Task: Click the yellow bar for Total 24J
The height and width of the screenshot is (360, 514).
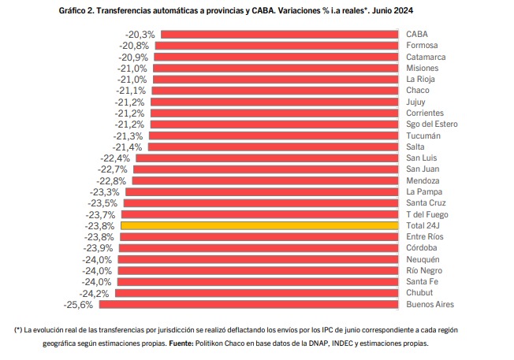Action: pyautogui.click(x=259, y=225)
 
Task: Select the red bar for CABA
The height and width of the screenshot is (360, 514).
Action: pyautogui.click(x=279, y=35)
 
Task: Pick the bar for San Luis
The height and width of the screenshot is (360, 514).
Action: pyautogui.click(x=266, y=158)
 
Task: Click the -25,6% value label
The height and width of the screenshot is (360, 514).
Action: pyautogui.click(x=78, y=304)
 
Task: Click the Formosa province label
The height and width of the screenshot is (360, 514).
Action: pyautogui.click(x=423, y=46)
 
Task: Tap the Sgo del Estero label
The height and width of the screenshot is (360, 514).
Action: pyautogui.click(x=431, y=124)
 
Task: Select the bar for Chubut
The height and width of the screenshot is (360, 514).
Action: pyautogui.click(x=256, y=293)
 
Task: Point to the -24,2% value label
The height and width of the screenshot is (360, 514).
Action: pyautogui.click(x=95, y=293)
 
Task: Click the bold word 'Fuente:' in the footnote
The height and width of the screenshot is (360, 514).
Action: pyautogui.click(x=182, y=343)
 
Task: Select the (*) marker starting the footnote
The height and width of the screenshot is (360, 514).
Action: pyautogui.click(x=18, y=329)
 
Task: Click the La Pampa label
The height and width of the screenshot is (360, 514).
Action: pyautogui.click(x=424, y=191)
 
